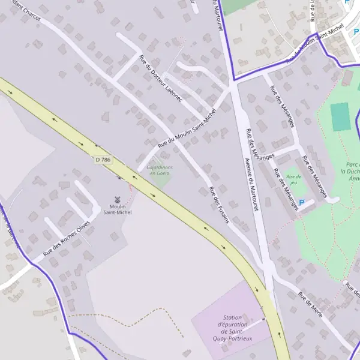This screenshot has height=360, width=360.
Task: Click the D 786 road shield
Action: tap(103, 159)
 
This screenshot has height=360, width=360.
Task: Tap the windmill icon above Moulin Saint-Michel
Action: tap(118, 199)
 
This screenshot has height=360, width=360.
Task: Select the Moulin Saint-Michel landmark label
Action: tap(117, 209)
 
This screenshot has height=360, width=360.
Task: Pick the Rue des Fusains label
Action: tap(219, 205)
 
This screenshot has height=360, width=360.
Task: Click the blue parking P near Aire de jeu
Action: tap(302, 203)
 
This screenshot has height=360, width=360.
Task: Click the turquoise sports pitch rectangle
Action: tap(340, 116)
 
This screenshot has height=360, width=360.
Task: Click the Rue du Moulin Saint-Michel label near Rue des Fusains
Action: tap(186, 133)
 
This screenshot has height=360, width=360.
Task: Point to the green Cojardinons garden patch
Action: tap(157, 177)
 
